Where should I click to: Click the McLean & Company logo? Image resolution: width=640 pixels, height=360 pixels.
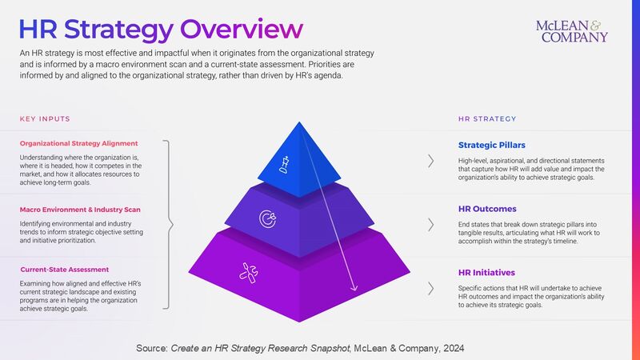[572, 30]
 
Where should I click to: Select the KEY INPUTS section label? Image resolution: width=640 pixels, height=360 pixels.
[45, 119]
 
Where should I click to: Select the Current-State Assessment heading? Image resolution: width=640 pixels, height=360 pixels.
[64, 270]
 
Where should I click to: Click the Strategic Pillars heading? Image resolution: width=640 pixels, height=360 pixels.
[492, 146]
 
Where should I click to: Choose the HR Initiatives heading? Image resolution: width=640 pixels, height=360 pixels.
[487, 273]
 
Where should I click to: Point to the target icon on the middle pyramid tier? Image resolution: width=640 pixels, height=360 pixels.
[266, 218]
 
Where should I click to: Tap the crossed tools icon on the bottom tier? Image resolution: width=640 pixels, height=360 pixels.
[249, 273]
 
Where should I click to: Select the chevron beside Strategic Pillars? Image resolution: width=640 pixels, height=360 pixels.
[432, 161]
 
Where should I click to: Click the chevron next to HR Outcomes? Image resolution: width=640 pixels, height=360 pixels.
[432, 222]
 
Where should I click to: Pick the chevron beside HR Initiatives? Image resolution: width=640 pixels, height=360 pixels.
[432, 287]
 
